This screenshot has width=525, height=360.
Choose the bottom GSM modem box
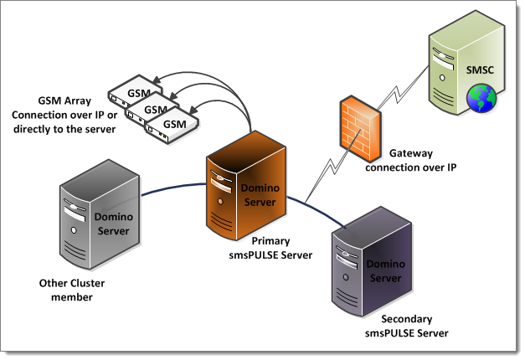[173, 124]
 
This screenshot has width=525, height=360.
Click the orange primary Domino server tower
[244, 185]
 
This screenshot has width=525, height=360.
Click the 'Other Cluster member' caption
[72, 290]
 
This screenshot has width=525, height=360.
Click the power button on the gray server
[75, 229]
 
